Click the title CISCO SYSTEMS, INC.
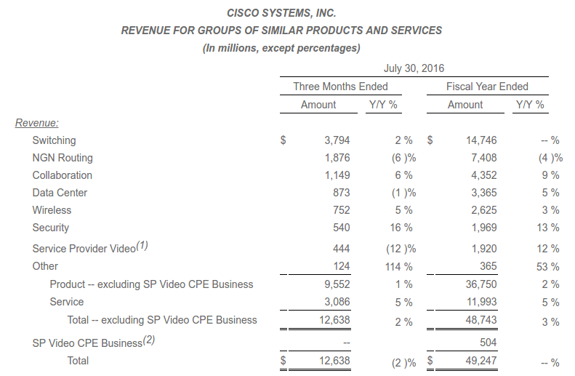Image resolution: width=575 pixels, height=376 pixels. click(281, 13)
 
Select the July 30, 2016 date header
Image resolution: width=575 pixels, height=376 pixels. click(414, 68)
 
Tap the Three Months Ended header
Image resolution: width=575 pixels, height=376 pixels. click(340, 87)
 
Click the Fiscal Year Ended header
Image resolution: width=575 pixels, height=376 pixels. click(487, 87)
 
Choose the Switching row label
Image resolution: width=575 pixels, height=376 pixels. click(54, 140)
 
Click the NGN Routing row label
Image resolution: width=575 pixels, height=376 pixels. click(63, 158)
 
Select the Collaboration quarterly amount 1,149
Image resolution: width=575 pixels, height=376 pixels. click(336, 175)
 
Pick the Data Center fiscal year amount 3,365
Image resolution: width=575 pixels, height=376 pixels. click(483, 193)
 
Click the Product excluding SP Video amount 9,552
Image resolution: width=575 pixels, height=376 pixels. click(336, 284)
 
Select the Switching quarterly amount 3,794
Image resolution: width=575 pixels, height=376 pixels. click(336, 140)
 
